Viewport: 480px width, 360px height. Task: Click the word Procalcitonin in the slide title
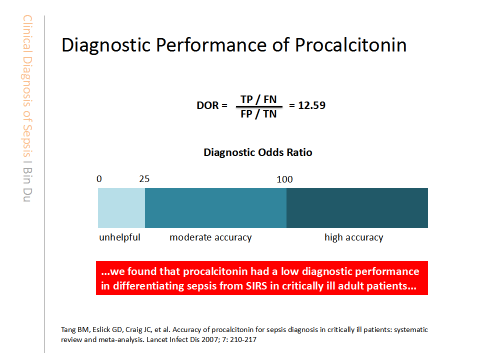(350, 45)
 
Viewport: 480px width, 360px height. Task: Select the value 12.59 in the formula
(312, 106)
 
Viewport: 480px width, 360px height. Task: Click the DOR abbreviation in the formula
(208, 106)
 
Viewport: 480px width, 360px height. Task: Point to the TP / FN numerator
(258, 99)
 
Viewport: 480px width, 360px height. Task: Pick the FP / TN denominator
(258, 113)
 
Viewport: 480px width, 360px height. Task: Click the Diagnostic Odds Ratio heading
(257, 152)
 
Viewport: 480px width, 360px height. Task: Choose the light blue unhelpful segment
(121, 208)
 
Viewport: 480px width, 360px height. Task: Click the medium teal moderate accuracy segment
(215, 208)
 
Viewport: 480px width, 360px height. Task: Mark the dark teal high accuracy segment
(357, 208)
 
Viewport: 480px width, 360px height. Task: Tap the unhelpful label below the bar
(119, 237)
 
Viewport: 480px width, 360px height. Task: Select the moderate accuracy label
(210, 237)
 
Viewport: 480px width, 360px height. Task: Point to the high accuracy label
(353, 237)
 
